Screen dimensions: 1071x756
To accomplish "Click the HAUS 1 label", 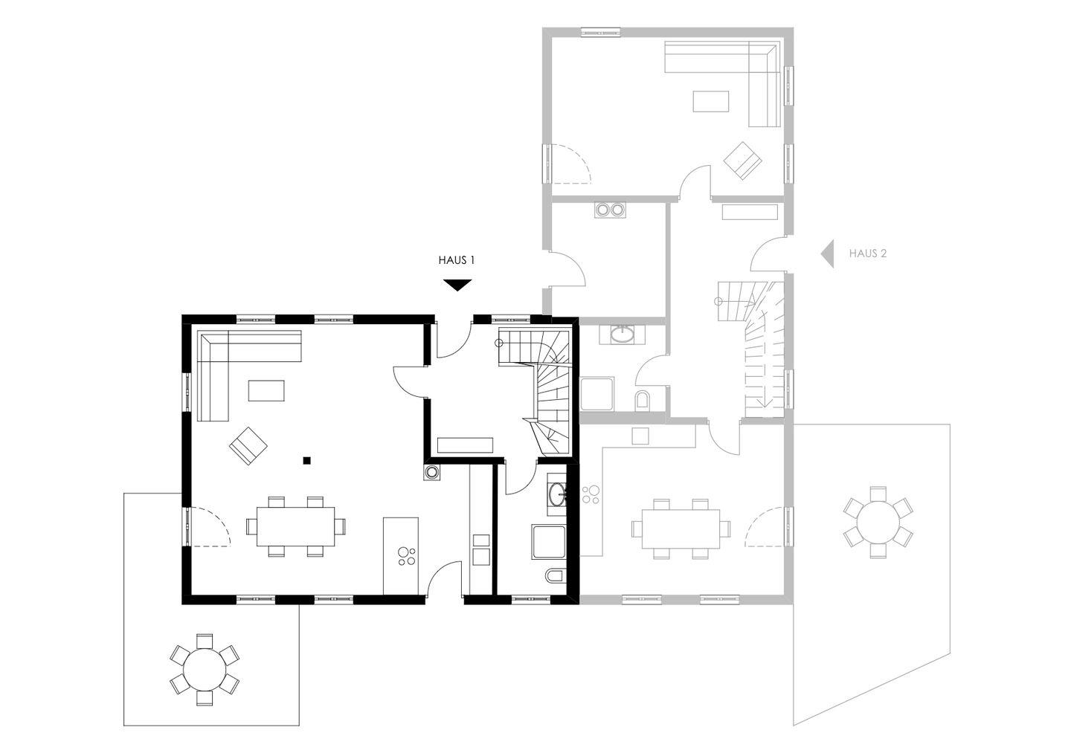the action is (457, 260).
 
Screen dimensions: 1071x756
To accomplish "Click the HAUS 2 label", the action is (868, 253).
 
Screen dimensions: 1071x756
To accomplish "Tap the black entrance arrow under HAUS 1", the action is (457, 285).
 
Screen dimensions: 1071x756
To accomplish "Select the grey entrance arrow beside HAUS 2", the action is (828, 253).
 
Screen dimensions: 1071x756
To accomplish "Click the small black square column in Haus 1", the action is (307, 461).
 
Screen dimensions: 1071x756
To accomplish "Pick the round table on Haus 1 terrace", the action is (205, 669).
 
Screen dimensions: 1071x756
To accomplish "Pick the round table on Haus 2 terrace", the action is (878, 522).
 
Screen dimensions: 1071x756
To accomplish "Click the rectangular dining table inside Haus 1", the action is (295, 526).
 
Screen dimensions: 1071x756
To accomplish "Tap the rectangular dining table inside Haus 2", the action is (681, 529).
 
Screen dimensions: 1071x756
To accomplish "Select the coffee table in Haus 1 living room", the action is (266, 390).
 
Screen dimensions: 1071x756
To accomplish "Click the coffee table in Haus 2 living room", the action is (711, 101).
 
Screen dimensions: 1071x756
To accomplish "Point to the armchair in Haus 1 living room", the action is (248, 445).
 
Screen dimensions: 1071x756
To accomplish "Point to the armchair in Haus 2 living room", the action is (742, 160).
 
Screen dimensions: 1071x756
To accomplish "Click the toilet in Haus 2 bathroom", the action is (643, 401).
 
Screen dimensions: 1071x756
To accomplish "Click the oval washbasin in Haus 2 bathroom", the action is (622, 334).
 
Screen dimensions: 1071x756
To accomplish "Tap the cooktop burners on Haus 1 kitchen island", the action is (406, 556).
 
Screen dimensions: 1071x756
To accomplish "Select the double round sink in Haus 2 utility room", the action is (610, 210).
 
